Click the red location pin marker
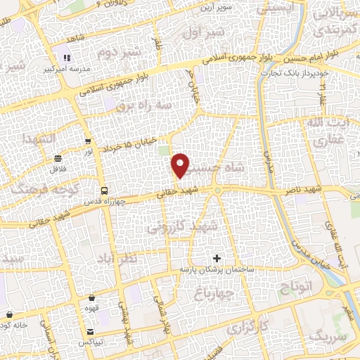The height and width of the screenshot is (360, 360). pos(181,165)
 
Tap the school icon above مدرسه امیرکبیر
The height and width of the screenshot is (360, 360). pos(67,58)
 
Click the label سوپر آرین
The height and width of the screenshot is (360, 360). pos(217,8)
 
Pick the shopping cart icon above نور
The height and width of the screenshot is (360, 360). pos(87,141)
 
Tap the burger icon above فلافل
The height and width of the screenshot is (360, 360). pos(57,157)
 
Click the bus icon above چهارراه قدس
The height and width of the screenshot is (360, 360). pos(104,190)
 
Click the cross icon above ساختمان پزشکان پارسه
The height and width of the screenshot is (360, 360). pos(217,259)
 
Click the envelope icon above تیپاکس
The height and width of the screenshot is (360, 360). pos(90,332)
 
